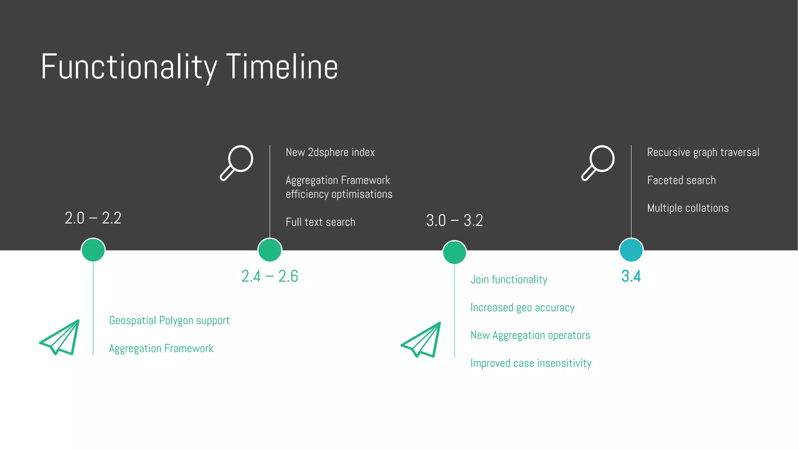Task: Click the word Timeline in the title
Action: [x=282, y=67]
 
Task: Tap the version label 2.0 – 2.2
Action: [x=93, y=218]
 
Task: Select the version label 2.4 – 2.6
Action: [x=270, y=276]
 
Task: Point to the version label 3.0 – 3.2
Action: [x=455, y=221]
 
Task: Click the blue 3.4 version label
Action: [x=631, y=276]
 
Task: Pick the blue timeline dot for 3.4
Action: [x=631, y=250]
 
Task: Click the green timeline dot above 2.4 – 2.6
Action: [x=270, y=250]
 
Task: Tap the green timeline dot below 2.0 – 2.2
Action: [x=93, y=250]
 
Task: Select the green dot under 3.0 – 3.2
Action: [x=455, y=252]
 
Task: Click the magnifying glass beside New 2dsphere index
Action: [x=237, y=163]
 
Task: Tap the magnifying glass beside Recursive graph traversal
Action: [x=598, y=163]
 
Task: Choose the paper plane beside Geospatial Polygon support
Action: [x=60, y=337]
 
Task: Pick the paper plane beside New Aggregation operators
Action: [x=421, y=339]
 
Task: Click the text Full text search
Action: [x=320, y=222]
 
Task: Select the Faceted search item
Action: [x=681, y=180]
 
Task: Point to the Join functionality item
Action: [x=509, y=280]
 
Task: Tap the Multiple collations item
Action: [x=688, y=208]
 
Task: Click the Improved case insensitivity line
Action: [x=531, y=363]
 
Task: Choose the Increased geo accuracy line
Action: [x=522, y=308]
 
